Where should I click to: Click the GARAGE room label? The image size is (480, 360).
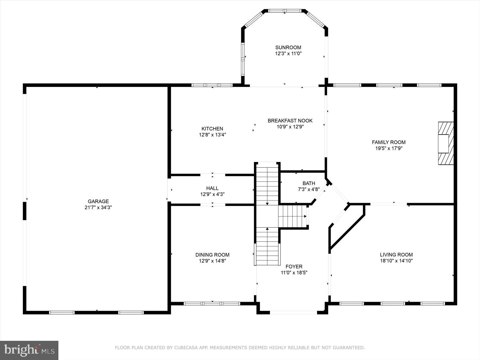[x=98, y=201]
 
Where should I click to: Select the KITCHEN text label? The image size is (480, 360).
[x=212, y=129]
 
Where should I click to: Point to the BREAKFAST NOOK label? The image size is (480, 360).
[x=290, y=121]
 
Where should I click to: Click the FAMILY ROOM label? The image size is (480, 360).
[x=389, y=142]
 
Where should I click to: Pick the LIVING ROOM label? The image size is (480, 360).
[x=396, y=255]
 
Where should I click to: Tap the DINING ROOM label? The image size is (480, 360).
[x=212, y=255]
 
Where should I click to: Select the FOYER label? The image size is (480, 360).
[x=294, y=266]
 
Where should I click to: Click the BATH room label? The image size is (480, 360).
[x=309, y=183]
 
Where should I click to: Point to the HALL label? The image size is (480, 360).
[x=212, y=188]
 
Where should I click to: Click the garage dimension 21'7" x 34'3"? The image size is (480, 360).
[x=98, y=207]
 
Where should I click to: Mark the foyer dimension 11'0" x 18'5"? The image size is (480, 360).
[x=294, y=273]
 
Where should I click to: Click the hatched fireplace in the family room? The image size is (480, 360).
[x=446, y=143]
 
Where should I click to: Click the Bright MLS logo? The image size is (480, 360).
[x=29, y=350]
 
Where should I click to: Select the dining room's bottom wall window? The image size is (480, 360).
[x=212, y=303]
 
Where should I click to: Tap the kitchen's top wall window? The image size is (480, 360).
[x=212, y=85]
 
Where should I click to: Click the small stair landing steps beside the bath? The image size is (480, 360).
[x=293, y=216]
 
